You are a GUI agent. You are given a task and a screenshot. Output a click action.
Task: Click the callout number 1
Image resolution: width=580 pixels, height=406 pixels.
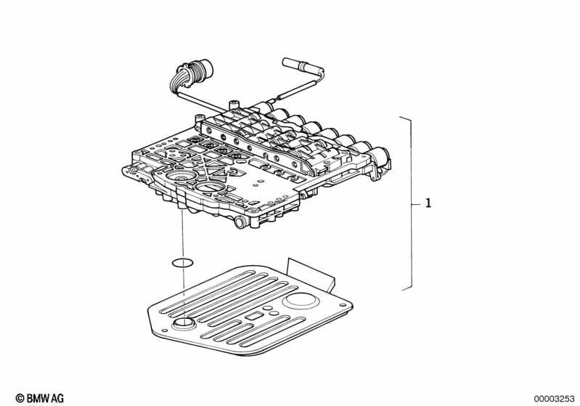coord(428,204)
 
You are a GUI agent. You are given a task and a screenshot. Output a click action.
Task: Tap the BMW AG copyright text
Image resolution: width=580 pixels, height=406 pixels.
coord(46,398)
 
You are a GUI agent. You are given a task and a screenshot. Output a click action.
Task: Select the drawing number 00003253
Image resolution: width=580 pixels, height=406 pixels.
coord(554,398)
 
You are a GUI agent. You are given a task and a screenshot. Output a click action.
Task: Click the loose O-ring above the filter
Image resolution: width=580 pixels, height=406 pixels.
coord(182,262)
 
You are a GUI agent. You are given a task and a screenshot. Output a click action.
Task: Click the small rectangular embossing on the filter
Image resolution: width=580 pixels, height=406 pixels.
coord(254,317)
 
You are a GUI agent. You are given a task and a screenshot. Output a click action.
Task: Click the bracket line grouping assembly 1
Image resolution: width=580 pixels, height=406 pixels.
coord(412,203)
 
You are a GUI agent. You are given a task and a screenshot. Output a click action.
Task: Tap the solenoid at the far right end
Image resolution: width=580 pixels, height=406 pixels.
coord(381,156)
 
